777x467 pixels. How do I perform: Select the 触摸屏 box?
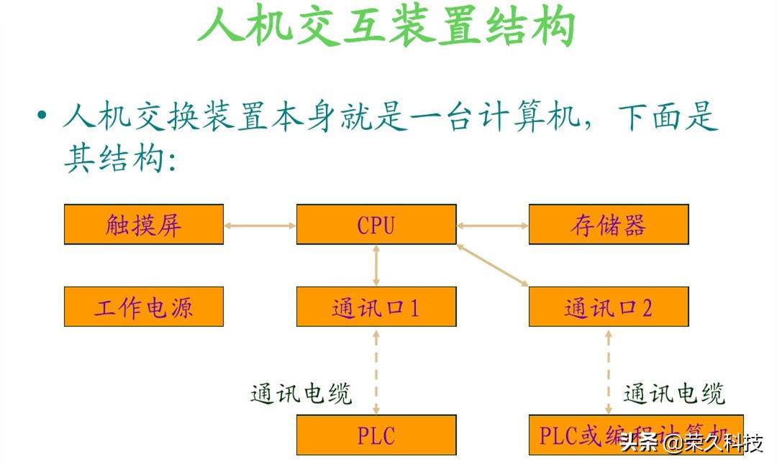pos(144,225)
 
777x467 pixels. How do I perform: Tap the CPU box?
pos(376,225)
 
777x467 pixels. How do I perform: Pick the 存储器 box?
pos(609,225)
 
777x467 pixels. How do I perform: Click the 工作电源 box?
pos(144,307)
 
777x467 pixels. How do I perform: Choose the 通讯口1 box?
pos(376,307)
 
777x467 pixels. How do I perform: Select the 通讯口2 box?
pos(609,307)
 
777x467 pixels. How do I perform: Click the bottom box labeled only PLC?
pos(376,435)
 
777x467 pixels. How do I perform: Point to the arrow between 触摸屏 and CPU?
pos(260,226)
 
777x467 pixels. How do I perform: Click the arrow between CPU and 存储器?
pos(493,226)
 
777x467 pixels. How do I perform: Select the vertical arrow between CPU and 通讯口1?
pos(376,266)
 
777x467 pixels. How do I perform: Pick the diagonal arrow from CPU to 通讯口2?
pos(493,266)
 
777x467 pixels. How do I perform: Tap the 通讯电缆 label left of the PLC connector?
pos(301,394)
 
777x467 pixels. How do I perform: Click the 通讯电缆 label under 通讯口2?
pos(674,394)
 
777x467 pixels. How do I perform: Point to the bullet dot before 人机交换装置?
pos(42,115)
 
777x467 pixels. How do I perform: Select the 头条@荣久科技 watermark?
pos(691,442)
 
